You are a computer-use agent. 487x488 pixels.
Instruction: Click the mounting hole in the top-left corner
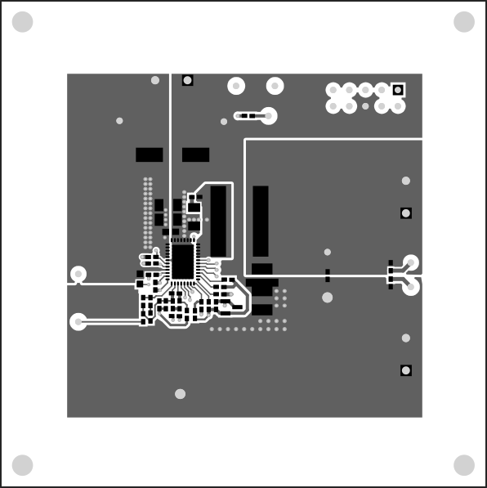23,22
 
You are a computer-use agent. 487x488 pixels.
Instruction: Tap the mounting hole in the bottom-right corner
464,465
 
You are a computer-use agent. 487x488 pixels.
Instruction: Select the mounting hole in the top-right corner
464,22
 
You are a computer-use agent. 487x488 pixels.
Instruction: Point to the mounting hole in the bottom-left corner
23,465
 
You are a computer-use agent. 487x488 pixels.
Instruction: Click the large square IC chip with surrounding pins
181,261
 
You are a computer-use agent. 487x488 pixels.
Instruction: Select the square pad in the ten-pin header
398,89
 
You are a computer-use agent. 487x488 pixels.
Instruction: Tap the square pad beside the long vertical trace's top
188,80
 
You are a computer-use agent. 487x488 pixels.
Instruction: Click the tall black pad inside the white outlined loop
218,220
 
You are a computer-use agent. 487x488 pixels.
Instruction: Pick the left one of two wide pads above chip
149,154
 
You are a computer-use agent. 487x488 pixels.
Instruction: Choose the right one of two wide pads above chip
195,154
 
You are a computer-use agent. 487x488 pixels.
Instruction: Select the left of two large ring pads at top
237,85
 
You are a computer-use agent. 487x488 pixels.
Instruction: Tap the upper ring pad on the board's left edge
78,274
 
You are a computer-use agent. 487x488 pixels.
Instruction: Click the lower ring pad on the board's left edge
78,321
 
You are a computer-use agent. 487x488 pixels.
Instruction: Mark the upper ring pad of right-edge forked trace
411,262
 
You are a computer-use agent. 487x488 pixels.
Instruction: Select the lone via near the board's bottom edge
180,394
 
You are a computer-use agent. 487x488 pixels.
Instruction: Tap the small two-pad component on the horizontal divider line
328,275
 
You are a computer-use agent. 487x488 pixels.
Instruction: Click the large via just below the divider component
328,297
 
